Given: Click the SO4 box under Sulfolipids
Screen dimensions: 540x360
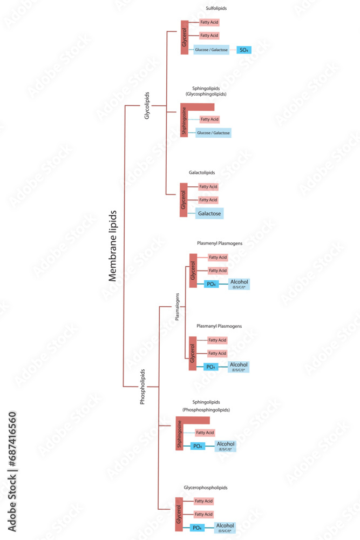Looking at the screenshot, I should point(244,50).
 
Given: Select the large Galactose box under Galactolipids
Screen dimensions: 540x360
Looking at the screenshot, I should point(209,214).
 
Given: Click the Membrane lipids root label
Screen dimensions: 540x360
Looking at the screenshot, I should point(113,246).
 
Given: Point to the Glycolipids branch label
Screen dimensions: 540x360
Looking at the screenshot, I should point(147,105).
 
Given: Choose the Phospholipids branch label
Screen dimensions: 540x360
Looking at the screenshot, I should point(142,387).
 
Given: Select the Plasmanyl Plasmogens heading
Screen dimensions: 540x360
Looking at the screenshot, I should point(219,326).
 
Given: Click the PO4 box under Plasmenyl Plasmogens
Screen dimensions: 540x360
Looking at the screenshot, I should point(212,284).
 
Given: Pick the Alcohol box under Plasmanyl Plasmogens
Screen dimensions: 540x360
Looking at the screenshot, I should point(239,367).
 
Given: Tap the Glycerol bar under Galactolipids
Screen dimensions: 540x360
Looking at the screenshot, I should point(184,200).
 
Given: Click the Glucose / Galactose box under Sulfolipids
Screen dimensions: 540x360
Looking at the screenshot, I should point(211,50).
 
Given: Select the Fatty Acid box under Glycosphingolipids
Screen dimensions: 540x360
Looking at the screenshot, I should point(209,119).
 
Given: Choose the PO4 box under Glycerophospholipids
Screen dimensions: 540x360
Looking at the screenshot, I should point(198,528).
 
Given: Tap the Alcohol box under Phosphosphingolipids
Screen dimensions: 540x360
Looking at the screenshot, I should point(226,446).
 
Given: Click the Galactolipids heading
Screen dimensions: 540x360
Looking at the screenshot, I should point(202,173).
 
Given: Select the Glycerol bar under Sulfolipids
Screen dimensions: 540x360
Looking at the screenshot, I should point(184,37).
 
